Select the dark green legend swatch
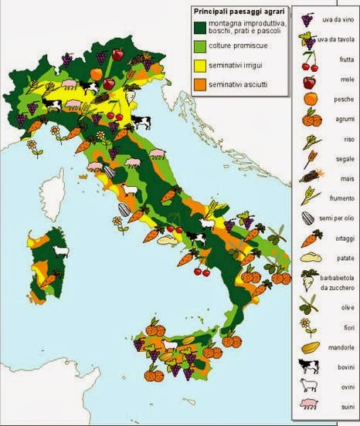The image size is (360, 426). click(x=199, y=28)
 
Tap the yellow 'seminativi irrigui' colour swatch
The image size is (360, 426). click(x=199, y=66)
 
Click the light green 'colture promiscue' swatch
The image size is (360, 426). click(x=199, y=48)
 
